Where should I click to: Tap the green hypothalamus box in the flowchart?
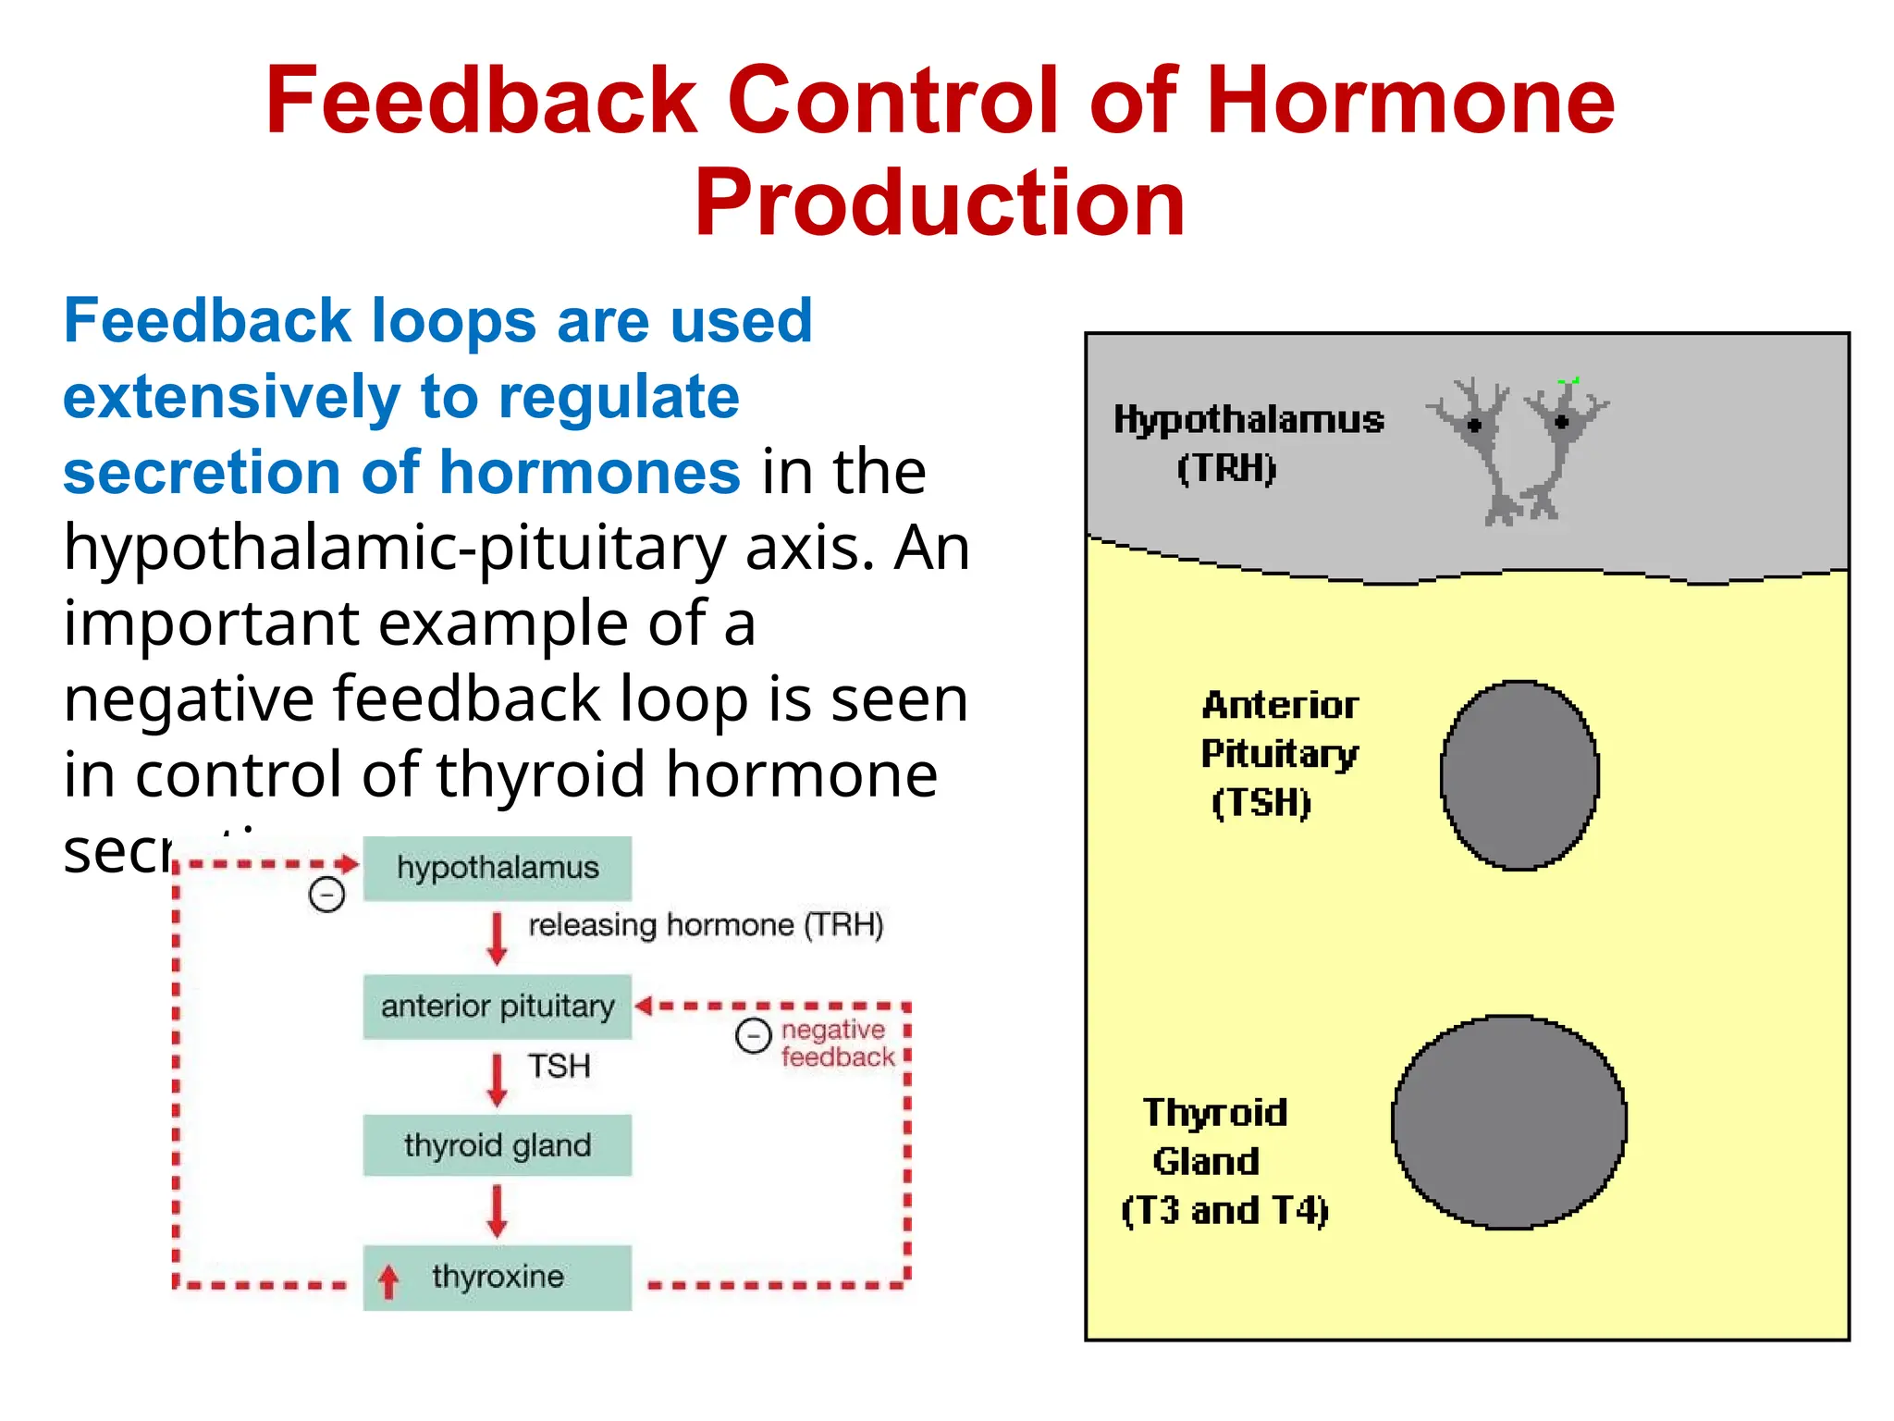click(x=497, y=868)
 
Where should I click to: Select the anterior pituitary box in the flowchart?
click(x=497, y=1007)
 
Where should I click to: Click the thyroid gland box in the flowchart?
click(x=497, y=1145)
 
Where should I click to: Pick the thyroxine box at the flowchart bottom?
click(x=497, y=1277)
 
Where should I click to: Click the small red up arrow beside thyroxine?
click(x=388, y=1281)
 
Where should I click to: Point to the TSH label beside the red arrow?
click(x=559, y=1066)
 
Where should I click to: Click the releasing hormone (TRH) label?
click(x=705, y=925)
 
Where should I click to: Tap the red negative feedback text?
click(x=837, y=1044)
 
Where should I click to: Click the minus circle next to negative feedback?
click(x=753, y=1035)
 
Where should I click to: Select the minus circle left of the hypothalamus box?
click(x=326, y=895)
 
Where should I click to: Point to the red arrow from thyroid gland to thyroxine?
click(x=497, y=1211)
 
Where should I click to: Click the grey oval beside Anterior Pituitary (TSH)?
click(x=1519, y=775)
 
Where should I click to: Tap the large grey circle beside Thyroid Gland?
click(x=1508, y=1122)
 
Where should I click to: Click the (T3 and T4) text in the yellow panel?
click(x=1224, y=1210)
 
